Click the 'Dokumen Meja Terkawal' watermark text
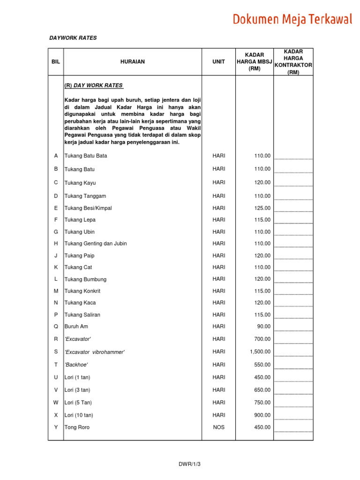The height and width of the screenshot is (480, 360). [x=292, y=19]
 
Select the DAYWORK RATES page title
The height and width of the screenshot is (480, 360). [x=73, y=38]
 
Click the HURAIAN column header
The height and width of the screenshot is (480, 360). [x=132, y=62]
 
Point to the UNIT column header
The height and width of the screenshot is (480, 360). [x=218, y=62]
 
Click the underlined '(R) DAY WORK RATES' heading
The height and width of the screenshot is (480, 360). [x=93, y=86]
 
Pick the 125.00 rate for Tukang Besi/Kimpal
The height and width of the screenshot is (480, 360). [x=262, y=208]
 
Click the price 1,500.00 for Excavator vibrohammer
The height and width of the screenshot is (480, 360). [x=260, y=352]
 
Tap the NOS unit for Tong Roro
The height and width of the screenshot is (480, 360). [x=218, y=427]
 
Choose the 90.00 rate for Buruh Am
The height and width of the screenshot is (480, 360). [x=263, y=326]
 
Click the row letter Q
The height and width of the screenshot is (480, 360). [x=56, y=326]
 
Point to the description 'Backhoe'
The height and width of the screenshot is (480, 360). [x=76, y=365]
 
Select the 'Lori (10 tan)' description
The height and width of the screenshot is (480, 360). [x=79, y=415]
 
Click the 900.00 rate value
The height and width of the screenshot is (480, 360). [x=262, y=415]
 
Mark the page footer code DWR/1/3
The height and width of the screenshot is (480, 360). [x=188, y=464]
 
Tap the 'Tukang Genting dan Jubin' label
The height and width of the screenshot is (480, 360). [x=96, y=244]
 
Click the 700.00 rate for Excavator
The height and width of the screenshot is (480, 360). [x=262, y=339]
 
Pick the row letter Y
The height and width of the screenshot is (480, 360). [x=56, y=427]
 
